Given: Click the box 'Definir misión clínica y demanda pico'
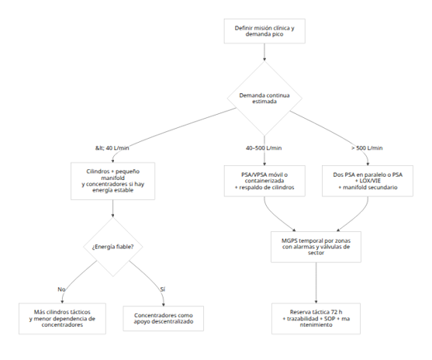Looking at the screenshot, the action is pos(264,31).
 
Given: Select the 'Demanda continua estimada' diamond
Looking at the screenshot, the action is pos(264,98).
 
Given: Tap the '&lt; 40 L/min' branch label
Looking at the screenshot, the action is pos(112,148).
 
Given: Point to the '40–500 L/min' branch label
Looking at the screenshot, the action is pos(264,148).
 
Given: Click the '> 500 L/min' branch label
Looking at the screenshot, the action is pos(367,148).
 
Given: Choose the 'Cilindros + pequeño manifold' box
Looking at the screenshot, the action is pos(112,181).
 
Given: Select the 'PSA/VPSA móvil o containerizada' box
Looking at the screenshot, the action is pos(264,181).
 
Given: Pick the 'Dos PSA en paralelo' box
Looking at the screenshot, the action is pos(368,181).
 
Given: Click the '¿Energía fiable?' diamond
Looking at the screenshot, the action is pos(113,247).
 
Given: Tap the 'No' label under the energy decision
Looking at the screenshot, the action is pos(61,289).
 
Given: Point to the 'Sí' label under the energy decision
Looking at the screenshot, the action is pos(163,289).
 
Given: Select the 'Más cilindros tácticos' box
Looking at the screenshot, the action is pos(62,319).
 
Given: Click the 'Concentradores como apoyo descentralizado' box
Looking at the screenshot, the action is pos(164,318).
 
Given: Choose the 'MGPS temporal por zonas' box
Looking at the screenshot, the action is pos(316,247).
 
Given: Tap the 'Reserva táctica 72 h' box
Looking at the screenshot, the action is pos(316,319).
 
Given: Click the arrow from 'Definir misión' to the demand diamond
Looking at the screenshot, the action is pos(264,52).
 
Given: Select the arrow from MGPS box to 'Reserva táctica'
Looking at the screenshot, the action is pos(316,283).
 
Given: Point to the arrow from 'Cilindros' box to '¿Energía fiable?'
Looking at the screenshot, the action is pos(112,209).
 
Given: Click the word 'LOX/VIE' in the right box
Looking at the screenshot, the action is pos(370,181).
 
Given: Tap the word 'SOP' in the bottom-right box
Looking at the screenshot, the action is pos(330,319).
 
